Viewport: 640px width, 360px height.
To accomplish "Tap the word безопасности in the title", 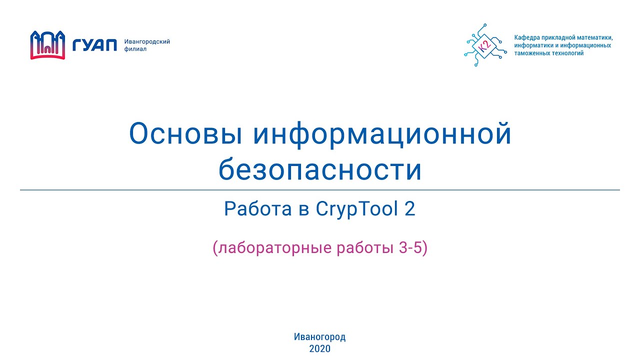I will pyautogui.click(x=320, y=170).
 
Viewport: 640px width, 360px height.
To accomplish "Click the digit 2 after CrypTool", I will pyautogui.click(x=409, y=209).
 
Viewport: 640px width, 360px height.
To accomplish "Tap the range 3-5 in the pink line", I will pyautogui.click(x=410, y=248).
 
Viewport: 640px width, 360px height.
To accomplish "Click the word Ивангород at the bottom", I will pyautogui.click(x=320, y=337).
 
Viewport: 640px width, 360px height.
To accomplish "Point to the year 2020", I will pyautogui.click(x=320, y=349).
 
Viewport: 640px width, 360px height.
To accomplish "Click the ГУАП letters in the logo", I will pyautogui.click(x=94, y=45).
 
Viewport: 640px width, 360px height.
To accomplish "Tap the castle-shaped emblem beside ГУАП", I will pyautogui.click(x=48, y=45).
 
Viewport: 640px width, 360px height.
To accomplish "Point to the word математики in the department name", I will pyautogui.click(x=595, y=37).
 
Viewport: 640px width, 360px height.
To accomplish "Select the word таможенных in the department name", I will pyautogui.click(x=531, y=53).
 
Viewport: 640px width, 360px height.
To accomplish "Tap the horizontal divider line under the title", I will pyautogui.click(x=320, y=190).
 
